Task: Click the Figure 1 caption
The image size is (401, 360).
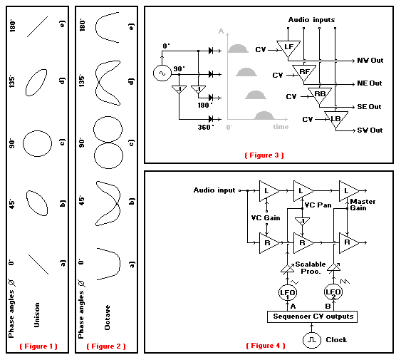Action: [x=38, y=346]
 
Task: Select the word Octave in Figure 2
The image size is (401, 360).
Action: [x=108, y=317]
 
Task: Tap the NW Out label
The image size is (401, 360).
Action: [x=370, y=61]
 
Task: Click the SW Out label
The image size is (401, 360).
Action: [x=370, y=130]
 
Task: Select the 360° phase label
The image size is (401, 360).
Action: [x=206, y=128]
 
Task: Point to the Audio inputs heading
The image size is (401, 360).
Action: [x=311, y=20]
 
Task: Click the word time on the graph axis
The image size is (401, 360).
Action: [x=281, y=127]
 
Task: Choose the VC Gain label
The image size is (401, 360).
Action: [x=266, y=218]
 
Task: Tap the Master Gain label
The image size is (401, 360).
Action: [x=363, y=205]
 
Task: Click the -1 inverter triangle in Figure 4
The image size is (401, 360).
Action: [x=302, y=221]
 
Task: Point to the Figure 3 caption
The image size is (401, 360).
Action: [x=264, y=155]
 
